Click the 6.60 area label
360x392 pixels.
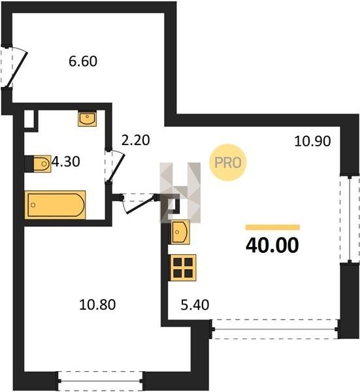(83, 61)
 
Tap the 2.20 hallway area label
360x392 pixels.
(135, 140)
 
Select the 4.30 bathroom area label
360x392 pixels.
(65, 161)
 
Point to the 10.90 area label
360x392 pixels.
(312, 141)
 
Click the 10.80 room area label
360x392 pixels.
(97, 304)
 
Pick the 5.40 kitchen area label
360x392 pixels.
(195, 305)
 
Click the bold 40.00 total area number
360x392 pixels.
(272, 245)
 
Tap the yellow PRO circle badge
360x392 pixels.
(228, 163)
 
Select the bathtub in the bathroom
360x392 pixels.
(56, 204)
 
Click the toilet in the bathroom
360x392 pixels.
(42, 164)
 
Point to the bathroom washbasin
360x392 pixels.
(87, 119)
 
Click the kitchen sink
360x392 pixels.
(180, 232)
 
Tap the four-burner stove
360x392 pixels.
(183, 267)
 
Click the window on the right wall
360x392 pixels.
(350, 219)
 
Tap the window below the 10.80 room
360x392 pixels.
(101, 381)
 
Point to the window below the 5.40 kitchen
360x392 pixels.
(275, 329)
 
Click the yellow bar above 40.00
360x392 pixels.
(272, 227)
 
